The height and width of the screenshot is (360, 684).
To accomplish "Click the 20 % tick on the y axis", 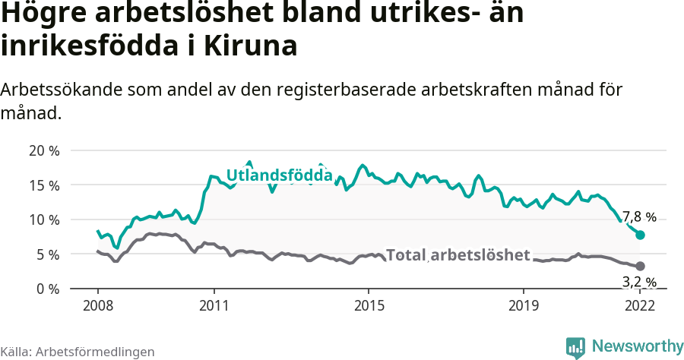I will [x=43, y=150].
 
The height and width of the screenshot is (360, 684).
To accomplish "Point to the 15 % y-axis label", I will [x=43, y=185].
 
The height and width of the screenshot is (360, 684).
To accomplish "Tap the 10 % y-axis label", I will [x=43, y=220].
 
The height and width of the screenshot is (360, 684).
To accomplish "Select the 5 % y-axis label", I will [x=47, y=254].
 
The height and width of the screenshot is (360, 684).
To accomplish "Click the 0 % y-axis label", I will [x=47, y=289].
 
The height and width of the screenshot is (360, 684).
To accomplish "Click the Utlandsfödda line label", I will [x=280, y=176].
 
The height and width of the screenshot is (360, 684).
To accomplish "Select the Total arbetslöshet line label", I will [x=458, y=255].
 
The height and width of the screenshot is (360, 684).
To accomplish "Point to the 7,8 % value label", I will [x=639, y=217].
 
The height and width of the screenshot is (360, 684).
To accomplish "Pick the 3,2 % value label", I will [x=639, y=283].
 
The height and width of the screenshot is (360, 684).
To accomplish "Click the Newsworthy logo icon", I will [x=575, y=347].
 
